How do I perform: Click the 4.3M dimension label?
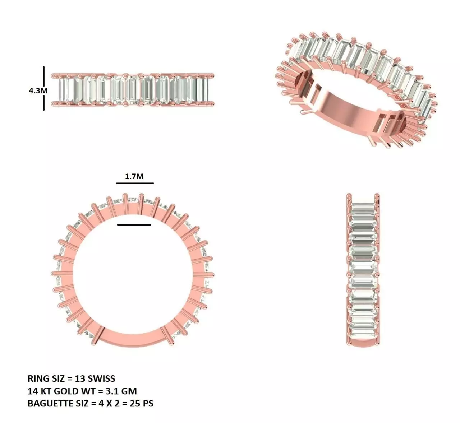click(x=38, y=90)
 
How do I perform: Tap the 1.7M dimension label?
click(x=134, y=176)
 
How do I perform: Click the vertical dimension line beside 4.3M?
click(x=44, y=88)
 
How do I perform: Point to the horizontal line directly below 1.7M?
click(x=135, y=183)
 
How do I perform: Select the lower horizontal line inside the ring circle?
click(x=134, y=225)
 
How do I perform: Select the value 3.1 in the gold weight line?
click(x=112, y=391)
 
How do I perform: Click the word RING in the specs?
click(x=38, y=378)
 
